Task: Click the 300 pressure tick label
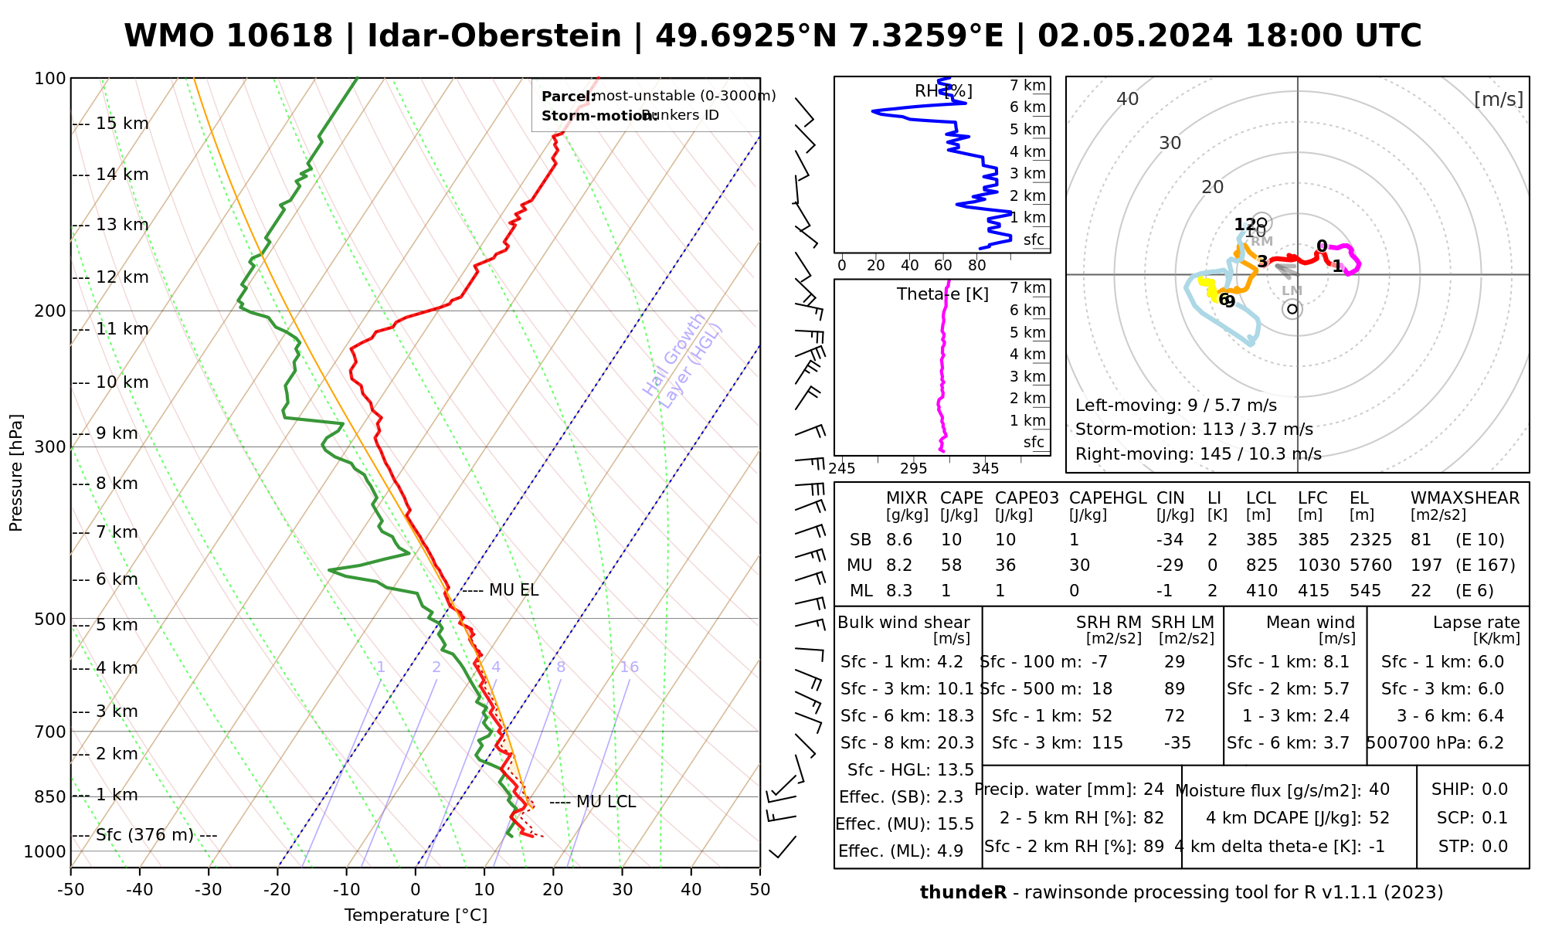pos(50,447)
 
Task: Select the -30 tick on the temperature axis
pos(209,890)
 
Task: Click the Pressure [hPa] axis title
pos(16,473)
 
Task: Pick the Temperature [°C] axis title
pos(416,915)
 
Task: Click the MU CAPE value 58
pos(951,565)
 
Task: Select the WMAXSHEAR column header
pos(1465,498)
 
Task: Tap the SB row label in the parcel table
pos(861,540)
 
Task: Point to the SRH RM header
pos(1108,623)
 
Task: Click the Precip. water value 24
pos(1153,789)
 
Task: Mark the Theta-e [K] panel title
pos(942,294)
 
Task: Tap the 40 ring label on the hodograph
pos(1128,99)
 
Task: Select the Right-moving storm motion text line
pos(1198,454)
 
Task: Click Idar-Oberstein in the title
pos(494,36)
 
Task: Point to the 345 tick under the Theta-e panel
pos(985,468)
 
